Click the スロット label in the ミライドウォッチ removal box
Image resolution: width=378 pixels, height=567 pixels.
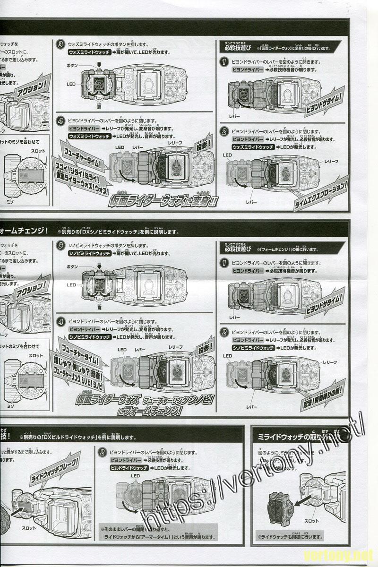[311, 521]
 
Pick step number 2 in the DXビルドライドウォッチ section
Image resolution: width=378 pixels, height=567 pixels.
[102, 452]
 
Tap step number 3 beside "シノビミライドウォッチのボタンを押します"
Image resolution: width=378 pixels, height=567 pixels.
[60, 246]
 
